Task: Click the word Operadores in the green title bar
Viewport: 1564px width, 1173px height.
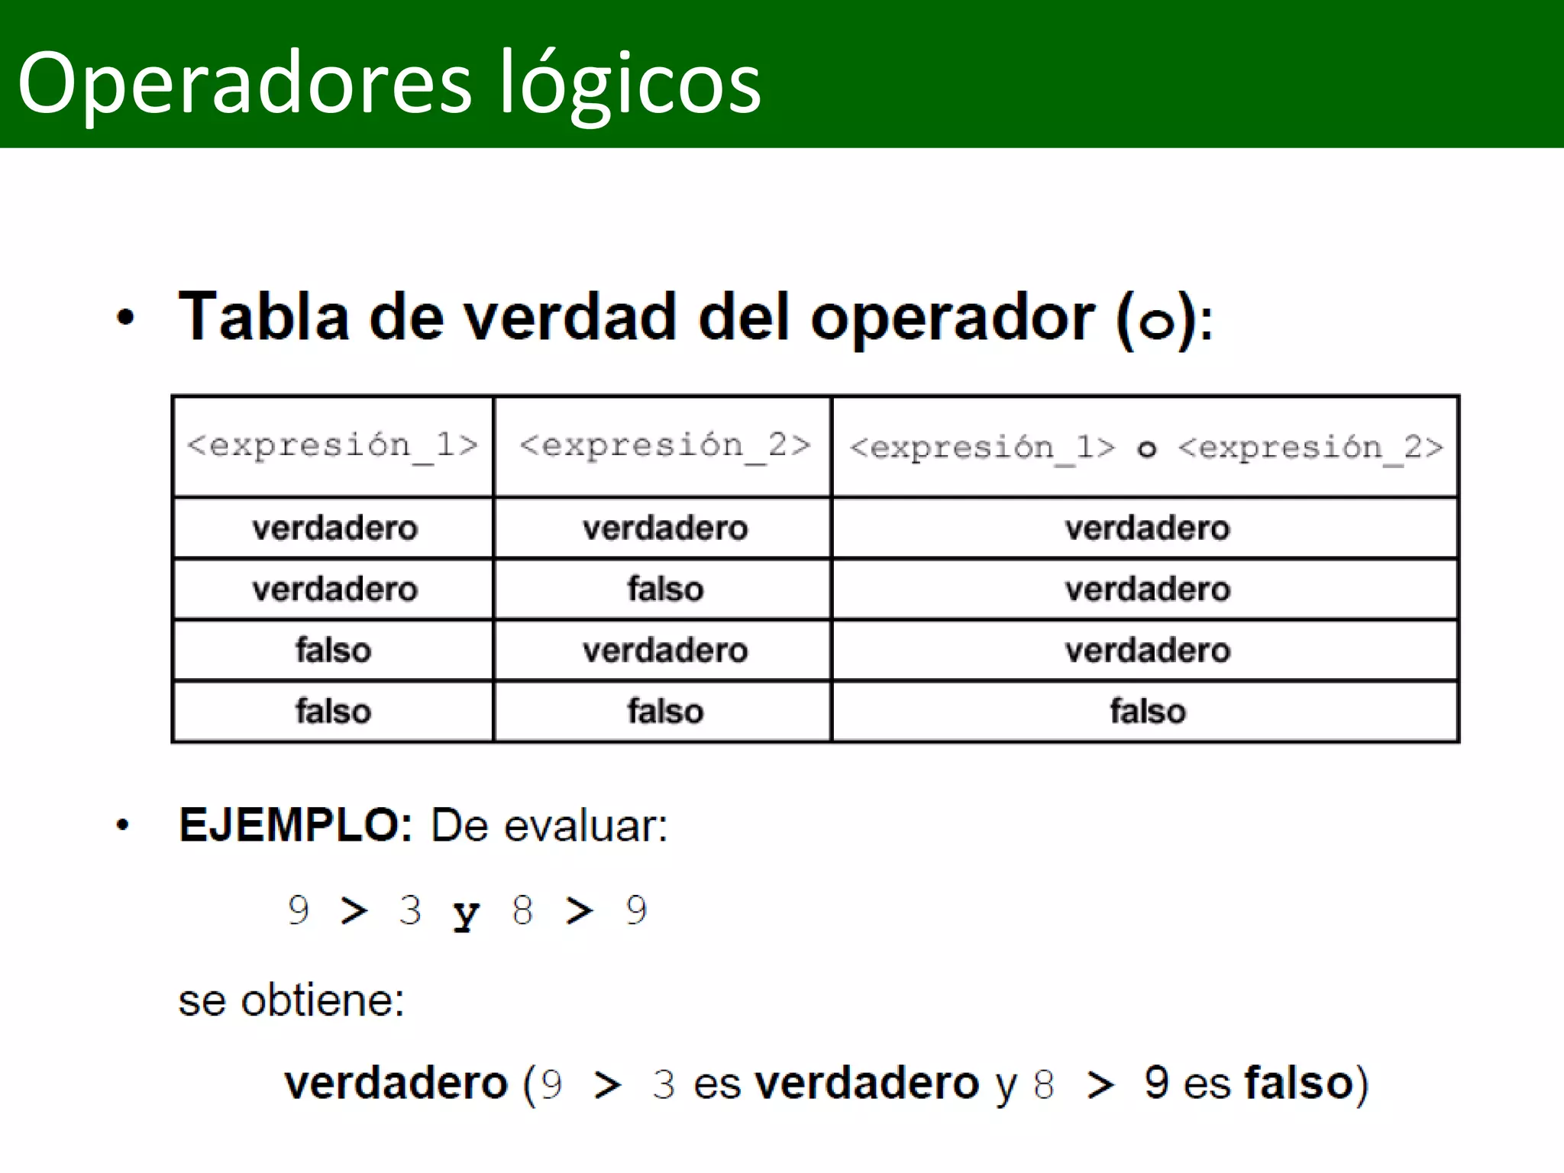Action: (x=244, y=82)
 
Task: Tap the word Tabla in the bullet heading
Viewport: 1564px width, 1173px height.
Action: (x=263, y=316)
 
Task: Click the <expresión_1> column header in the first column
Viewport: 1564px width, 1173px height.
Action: (x=333, y=444)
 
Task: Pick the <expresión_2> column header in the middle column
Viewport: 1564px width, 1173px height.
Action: (x=664, y=444)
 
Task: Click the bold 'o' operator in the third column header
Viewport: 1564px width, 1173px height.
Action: (x=1146, y=449)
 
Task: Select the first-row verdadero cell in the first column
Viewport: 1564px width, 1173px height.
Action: (x=334, y=528)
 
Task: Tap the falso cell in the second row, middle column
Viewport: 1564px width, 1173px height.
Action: (x=664, y=590)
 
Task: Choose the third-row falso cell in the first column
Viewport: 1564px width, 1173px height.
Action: (x=333, y=651)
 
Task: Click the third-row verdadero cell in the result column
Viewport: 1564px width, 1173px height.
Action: (x=1147, y=651)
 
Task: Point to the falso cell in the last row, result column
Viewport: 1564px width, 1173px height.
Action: (x=1147, y=712)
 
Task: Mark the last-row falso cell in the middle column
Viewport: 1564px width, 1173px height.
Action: (x=664, y=712)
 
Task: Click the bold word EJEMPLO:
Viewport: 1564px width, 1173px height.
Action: (x=296, y=826)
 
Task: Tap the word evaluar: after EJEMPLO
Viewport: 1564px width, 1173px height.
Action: (x=585, y=826)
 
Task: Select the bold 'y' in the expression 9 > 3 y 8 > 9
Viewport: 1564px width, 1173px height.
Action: (x=466, y=913)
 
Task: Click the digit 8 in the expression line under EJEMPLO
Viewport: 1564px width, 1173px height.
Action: (x=522, y=910)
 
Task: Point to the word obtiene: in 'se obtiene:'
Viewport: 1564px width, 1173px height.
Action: (x=322, y=1000)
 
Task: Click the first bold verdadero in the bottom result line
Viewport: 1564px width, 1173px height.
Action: (x=396, y=1083)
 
